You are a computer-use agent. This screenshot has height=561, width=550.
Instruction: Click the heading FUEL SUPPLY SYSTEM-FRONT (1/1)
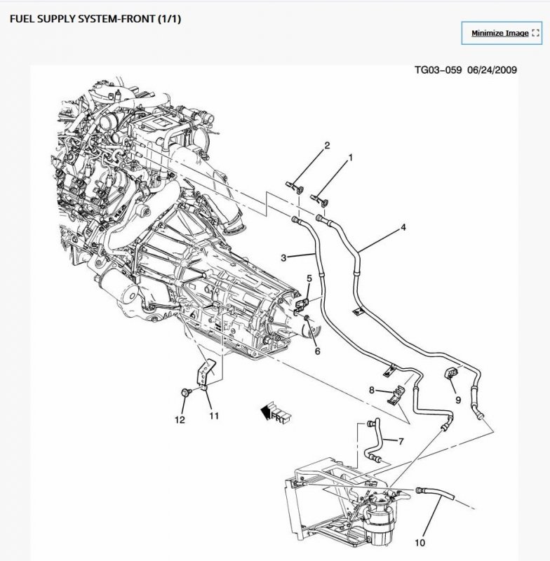[x=95, y=19]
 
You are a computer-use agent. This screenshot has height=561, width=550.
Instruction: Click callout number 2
[x=326, y=146]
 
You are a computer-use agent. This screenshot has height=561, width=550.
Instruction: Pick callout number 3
[x=283, y=258]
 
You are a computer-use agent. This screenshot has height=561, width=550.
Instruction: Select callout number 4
[x=403, y=227]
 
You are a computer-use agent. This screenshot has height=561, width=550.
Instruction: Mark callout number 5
[x=309, y=279]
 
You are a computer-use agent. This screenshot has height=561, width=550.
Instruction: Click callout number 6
[x=317, y=351]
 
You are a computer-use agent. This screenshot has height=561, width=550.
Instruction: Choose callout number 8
[x=372, y=389]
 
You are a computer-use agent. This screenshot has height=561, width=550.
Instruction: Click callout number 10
[x=419, y=542]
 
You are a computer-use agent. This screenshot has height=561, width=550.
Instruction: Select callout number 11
[x=213, y=416]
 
